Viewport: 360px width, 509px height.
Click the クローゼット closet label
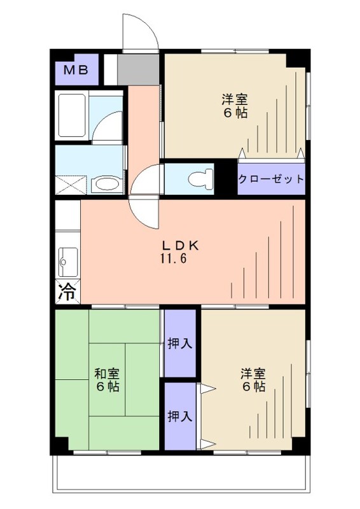271,179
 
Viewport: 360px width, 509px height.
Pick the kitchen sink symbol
66,259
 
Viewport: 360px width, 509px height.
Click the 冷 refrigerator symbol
67,291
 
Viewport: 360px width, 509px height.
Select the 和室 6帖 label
106,380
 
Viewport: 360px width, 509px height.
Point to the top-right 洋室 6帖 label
234,106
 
